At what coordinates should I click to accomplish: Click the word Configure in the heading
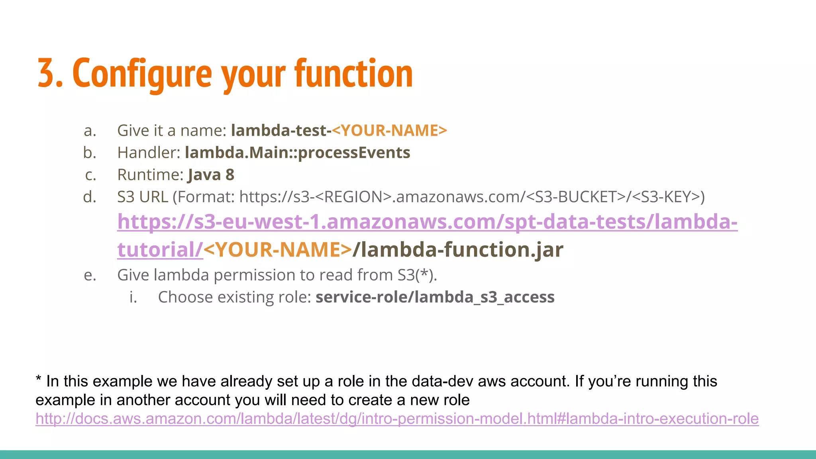pyautogui.click(x=142, y=74)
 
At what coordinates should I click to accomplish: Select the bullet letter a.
pyautogui.click(x=90, y=131)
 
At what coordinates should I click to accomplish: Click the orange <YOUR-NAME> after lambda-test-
pyautogui.click(x=389, y=131)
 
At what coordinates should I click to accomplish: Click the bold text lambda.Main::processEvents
pyautogui.click(x=297, y=153)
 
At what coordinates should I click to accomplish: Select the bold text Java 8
pyautogui.click(x=211, y=175)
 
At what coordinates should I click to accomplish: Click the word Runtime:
pyautogui.click(x=150, y=175)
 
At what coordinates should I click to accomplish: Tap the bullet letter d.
pyautogui.click(x=90, y=197)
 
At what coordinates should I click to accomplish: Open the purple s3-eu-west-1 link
pyautogui.click(x=427, y=222)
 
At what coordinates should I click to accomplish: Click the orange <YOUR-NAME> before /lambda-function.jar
pyautogui.click(x=278, y=250)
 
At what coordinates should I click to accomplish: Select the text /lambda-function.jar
pyautogui.click(x=458, y=250)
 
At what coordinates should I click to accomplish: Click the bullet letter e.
pyautogui.click(x=90, y=275)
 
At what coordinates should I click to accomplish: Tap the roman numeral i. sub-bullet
pyautogui.click(x=133, y=297)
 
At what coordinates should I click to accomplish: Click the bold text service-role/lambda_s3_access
pyautogui.click(x=435, y=297)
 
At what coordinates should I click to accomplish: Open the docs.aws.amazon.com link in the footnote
pyautogui.click(x=397, y=419)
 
